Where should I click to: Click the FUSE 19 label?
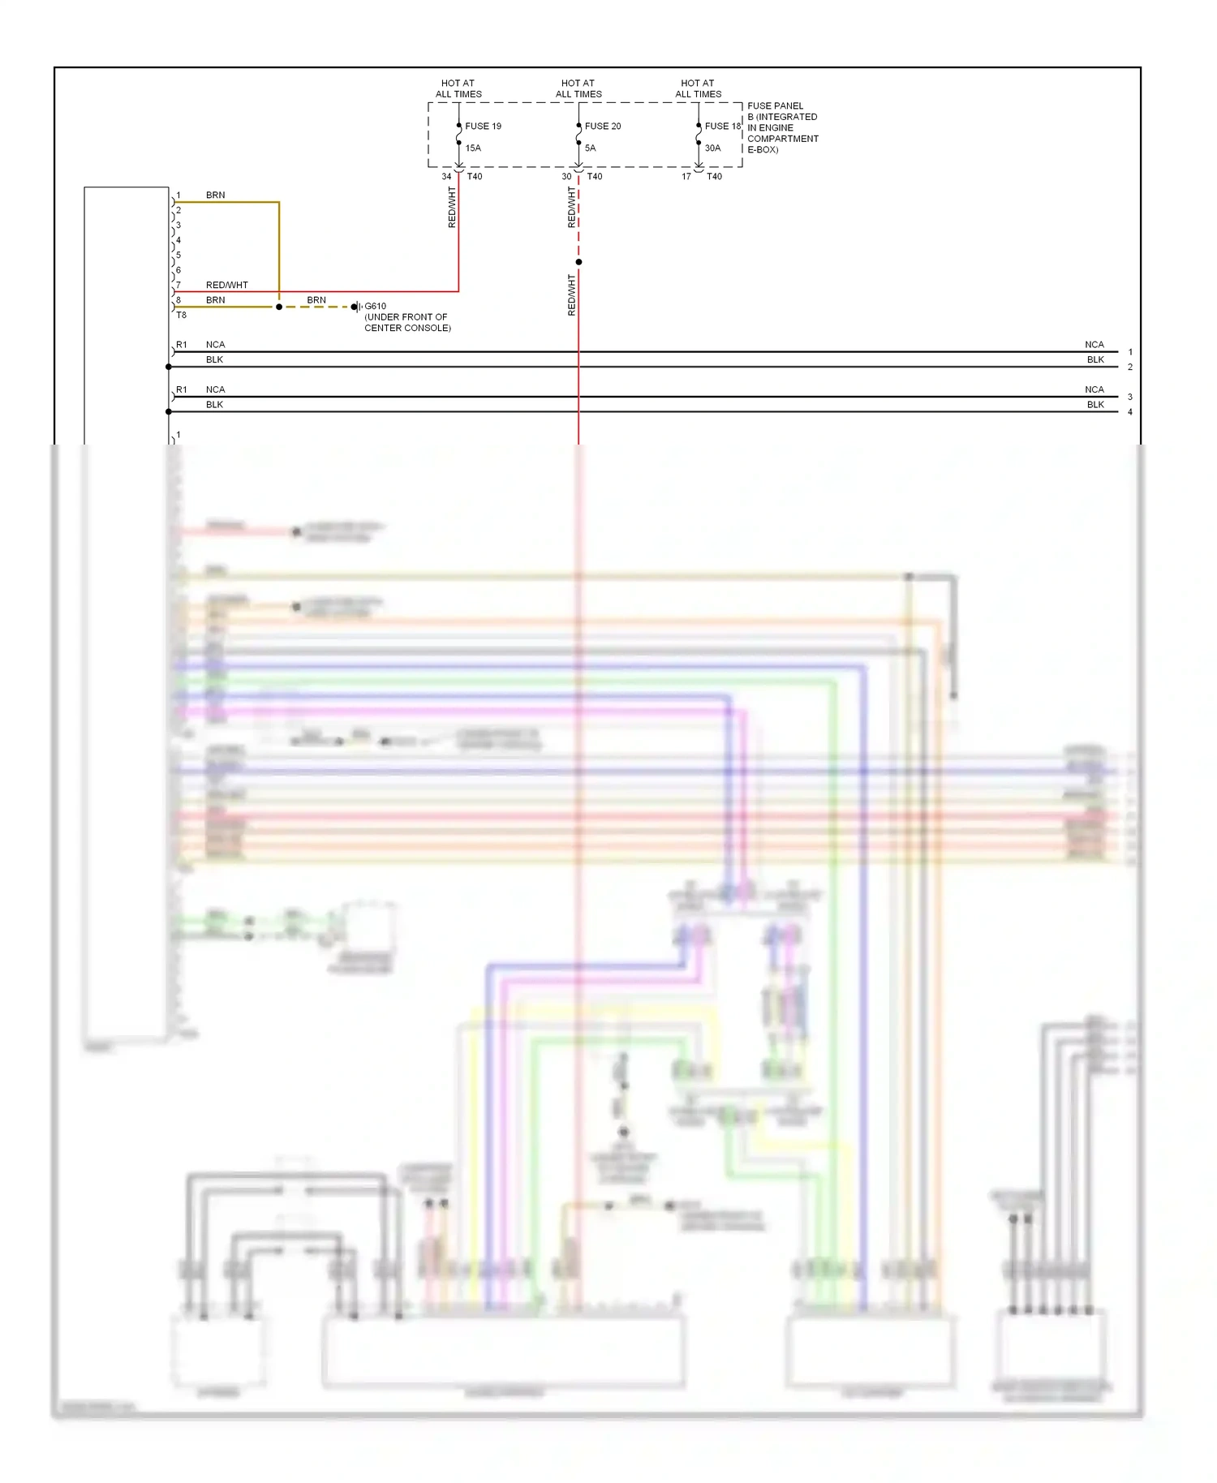click(483, 127)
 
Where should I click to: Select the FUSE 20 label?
click(603, 127)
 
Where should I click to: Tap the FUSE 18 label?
click(722, 127)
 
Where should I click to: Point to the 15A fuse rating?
click(473, 148)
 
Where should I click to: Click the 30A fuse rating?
click(712, 148)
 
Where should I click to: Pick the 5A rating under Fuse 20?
click(590, 148)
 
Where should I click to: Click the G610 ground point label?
click(375, 307)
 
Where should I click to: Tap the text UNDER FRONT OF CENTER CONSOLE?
click(407, 323)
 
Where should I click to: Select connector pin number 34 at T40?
click(446, 177)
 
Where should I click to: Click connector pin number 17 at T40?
click(686, 177)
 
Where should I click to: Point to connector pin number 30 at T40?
click(566, 177)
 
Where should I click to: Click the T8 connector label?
click(181, 316)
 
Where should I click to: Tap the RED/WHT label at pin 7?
click(226, 286)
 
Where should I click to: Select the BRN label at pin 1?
click(215, 196)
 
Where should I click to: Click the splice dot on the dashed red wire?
click(578, 262)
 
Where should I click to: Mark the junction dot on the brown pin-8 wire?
click(279, 307)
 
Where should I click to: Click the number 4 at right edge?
click(1130, 412)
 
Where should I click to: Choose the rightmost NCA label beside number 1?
click(1094, 345)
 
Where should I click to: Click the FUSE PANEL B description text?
click(782, 128)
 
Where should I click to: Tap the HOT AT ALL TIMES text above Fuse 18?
click(698, 88)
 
